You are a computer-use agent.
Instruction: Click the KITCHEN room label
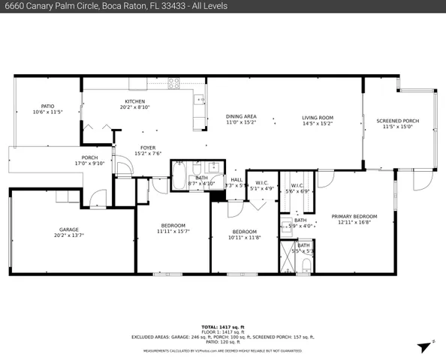tap(135, 101)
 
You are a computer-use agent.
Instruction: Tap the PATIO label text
tap(47, 106)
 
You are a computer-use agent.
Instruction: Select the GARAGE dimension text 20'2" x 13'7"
tap(69, 235)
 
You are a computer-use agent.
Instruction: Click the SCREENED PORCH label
tap(398, 121)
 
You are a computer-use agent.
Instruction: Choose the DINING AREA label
tap(241, 116)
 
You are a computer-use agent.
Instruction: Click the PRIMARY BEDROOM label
tap(354, 216)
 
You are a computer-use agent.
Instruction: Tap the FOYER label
tap(147, 148)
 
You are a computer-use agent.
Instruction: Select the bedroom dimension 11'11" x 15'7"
tap(173, 232)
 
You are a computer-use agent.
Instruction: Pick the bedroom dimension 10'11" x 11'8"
tap(245, 238)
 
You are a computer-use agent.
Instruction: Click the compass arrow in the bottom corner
tap(425, 346)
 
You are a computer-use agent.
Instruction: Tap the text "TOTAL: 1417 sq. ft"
tap(223, 327)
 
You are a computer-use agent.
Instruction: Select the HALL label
tap(237, 179)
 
